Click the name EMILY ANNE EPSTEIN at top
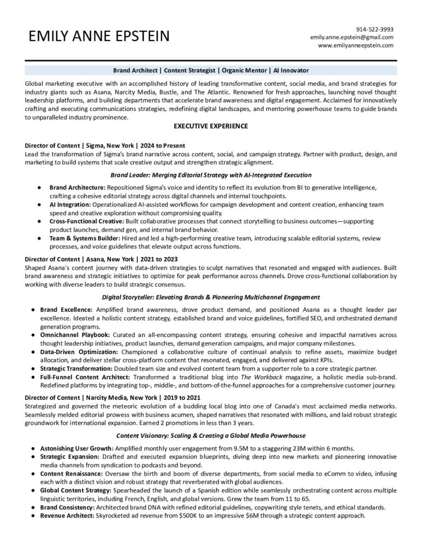pos(99,37)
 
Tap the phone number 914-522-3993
pos(375,29)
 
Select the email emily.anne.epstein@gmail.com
pos(352,37)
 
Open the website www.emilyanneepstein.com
pos(355,45)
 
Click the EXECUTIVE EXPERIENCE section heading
pos(210,126)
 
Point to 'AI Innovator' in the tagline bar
pos(292,70)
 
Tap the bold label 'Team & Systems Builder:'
pos(81,238)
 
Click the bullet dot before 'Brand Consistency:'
pos(34,507)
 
